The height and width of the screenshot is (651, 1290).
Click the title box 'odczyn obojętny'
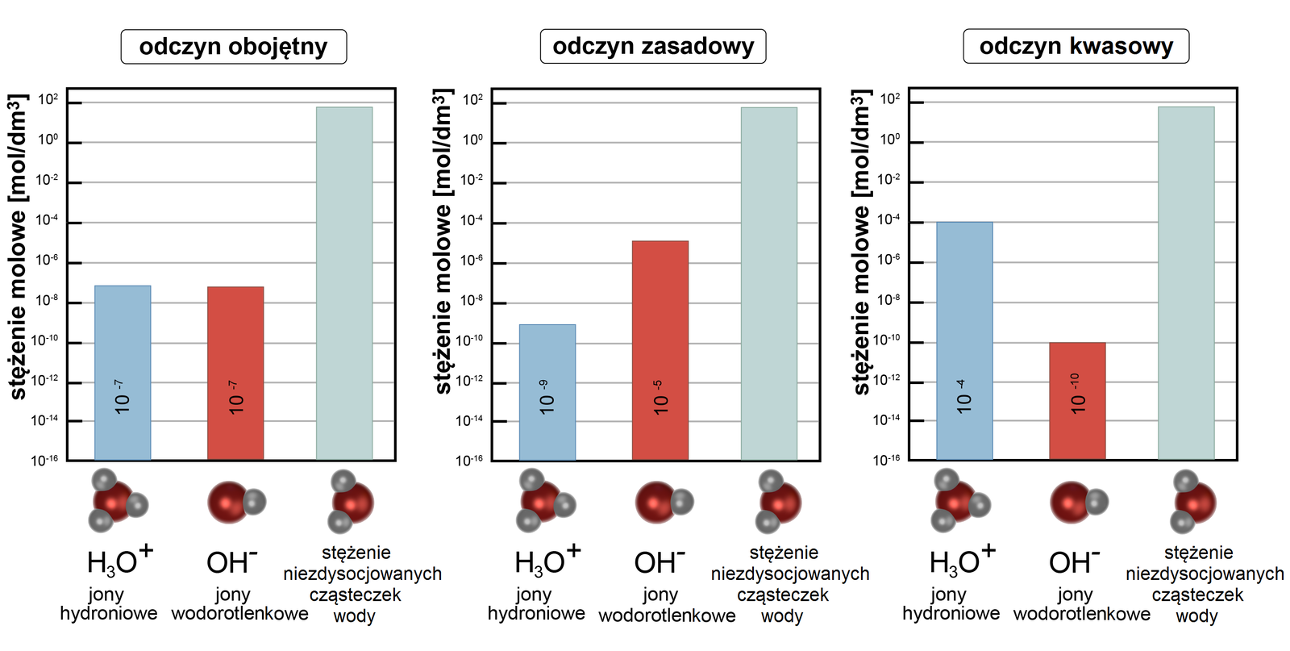pos(233,47)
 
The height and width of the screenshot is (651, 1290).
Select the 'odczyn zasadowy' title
pos(653,47)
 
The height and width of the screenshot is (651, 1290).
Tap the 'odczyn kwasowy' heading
pos(1076,47)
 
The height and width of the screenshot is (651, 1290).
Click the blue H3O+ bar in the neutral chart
pos(123,371)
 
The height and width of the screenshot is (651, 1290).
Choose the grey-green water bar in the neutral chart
pos(344,282)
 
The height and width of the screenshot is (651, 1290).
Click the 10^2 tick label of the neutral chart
pos(48,100)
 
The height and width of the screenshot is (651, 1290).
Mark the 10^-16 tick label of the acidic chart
pos(886,460)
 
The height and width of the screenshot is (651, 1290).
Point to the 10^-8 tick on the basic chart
pos(471,301)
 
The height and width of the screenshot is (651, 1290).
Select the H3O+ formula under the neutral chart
pos(119,561)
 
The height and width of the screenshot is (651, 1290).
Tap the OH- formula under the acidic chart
pos(1074,561)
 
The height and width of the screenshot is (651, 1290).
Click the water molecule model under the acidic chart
pos(1192,502)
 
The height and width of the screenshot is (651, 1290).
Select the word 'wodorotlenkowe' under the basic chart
pos(667,616)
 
